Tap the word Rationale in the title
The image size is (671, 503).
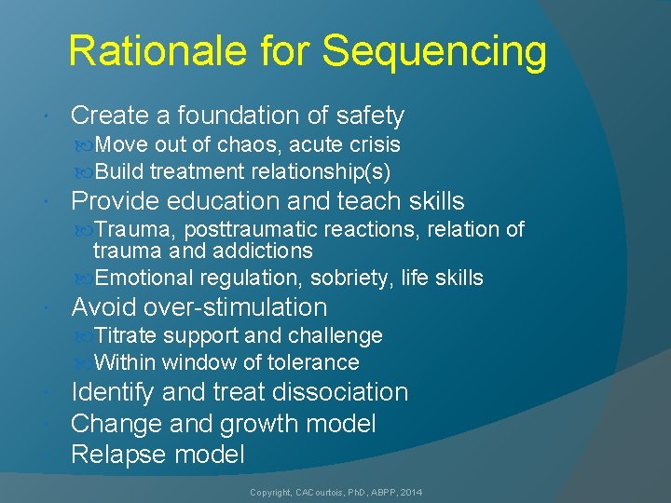[151, 51]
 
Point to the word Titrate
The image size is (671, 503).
[126, 335]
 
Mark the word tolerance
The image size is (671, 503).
[312, 362]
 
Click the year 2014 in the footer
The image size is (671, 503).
[408, 491]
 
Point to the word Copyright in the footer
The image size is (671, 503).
[271, 491]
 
